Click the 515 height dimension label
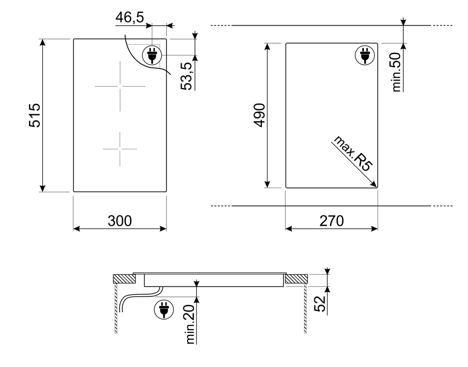pyautogui.click(x=35, y=115)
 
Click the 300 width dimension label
pyautogui.click(x=120, y=221)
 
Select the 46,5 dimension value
pyautogui.click(x=129, y=17)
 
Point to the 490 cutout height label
pyautogui.click(x=260, y=115)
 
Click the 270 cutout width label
pyautogui.click(x=331, y=221)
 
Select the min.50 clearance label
pyautogui.click(x=397, y=72)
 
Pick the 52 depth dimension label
pyautogui.click(x=321, y=303)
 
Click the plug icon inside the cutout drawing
pyautogui.click(x=365, y=56)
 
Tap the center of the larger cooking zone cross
pyautogui.click(x=120, y=86)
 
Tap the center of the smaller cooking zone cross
pyautogui.click(x=120, y=149)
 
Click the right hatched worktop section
pyautogui.click(x=296, y=279)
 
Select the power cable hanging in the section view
pyautogui.click(x=128, y=300)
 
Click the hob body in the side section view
pyautogui.click(x=214, y=281)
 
